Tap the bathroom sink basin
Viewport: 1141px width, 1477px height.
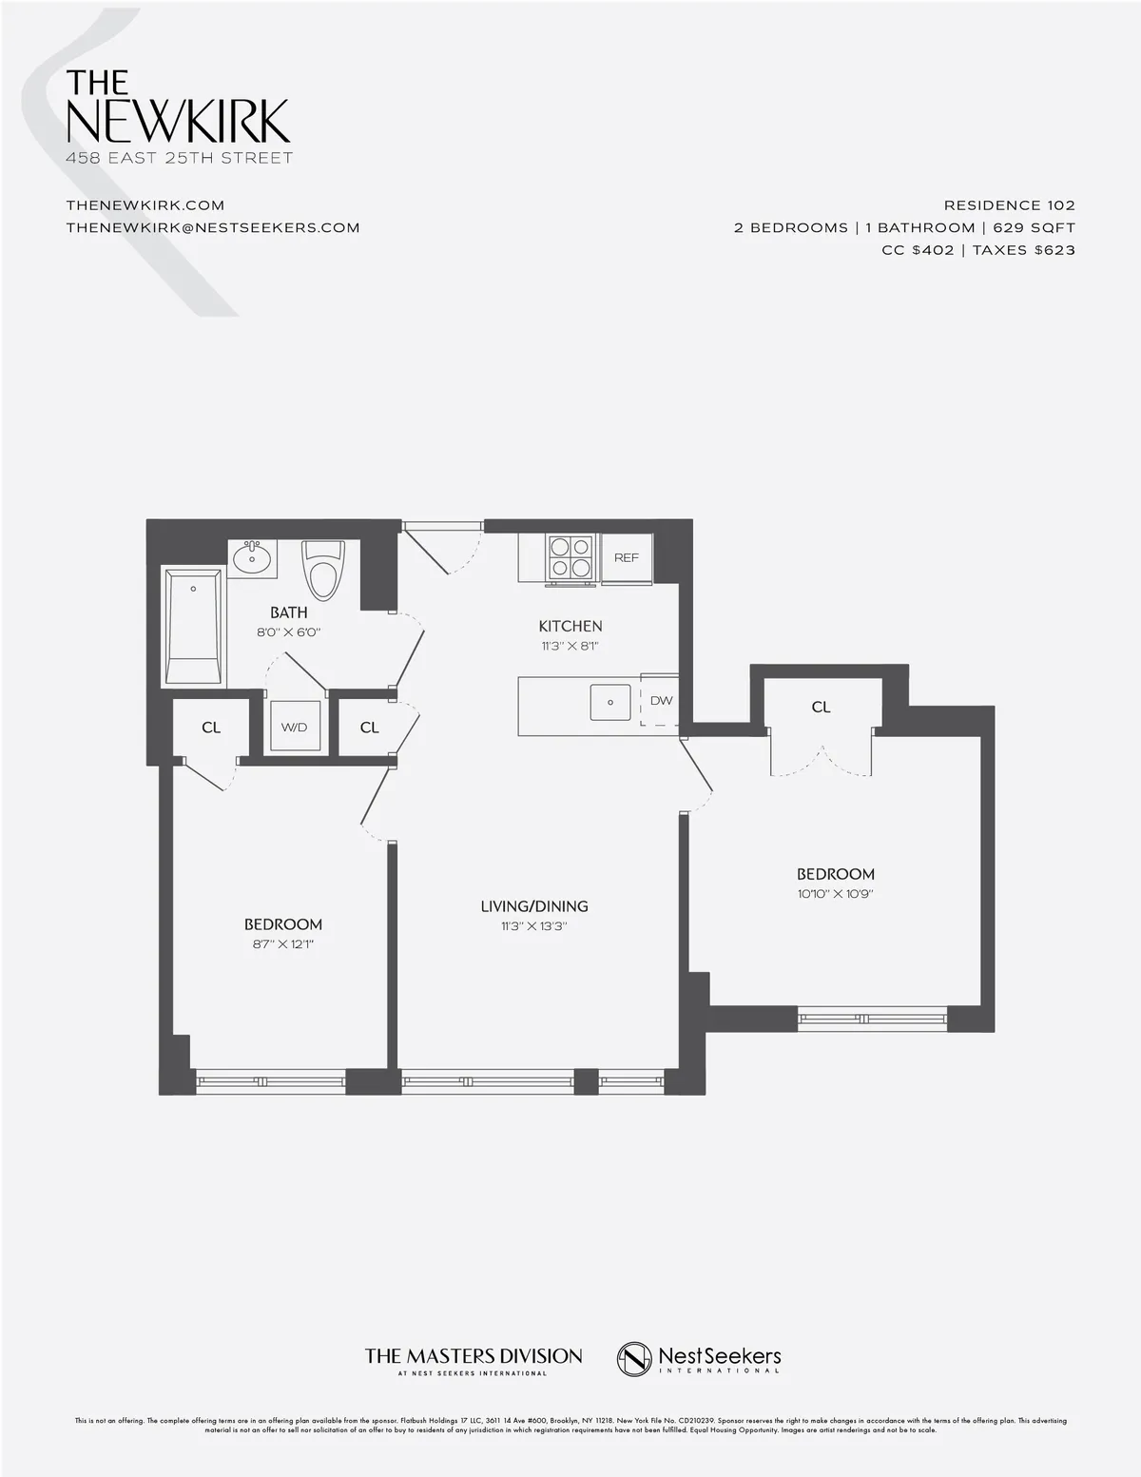coord(252,557)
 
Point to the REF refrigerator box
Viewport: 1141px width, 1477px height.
coord(627,557)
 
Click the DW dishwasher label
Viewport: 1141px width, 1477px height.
coord(661,701)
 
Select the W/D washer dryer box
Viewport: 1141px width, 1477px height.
coord(294,728)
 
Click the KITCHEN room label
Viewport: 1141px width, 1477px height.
coord(570,626)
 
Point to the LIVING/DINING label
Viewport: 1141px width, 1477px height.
coord(534,906)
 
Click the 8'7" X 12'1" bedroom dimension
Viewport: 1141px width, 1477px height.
coord(282,944)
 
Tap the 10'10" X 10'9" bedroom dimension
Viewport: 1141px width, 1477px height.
coord(835,894)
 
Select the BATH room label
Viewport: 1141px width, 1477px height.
coord(288,612)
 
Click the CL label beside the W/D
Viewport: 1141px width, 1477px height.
coord(370,728)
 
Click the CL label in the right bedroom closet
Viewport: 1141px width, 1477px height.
coord(822,707)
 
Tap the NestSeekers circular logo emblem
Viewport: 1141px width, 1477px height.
coord(634,1358)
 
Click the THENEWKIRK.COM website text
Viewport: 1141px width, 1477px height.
coord(145,204)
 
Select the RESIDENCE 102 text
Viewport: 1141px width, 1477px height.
coord(1009,204)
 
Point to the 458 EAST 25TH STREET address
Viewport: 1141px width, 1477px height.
coord(180,158)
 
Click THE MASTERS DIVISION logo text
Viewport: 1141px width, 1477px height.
coord(474,1355)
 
